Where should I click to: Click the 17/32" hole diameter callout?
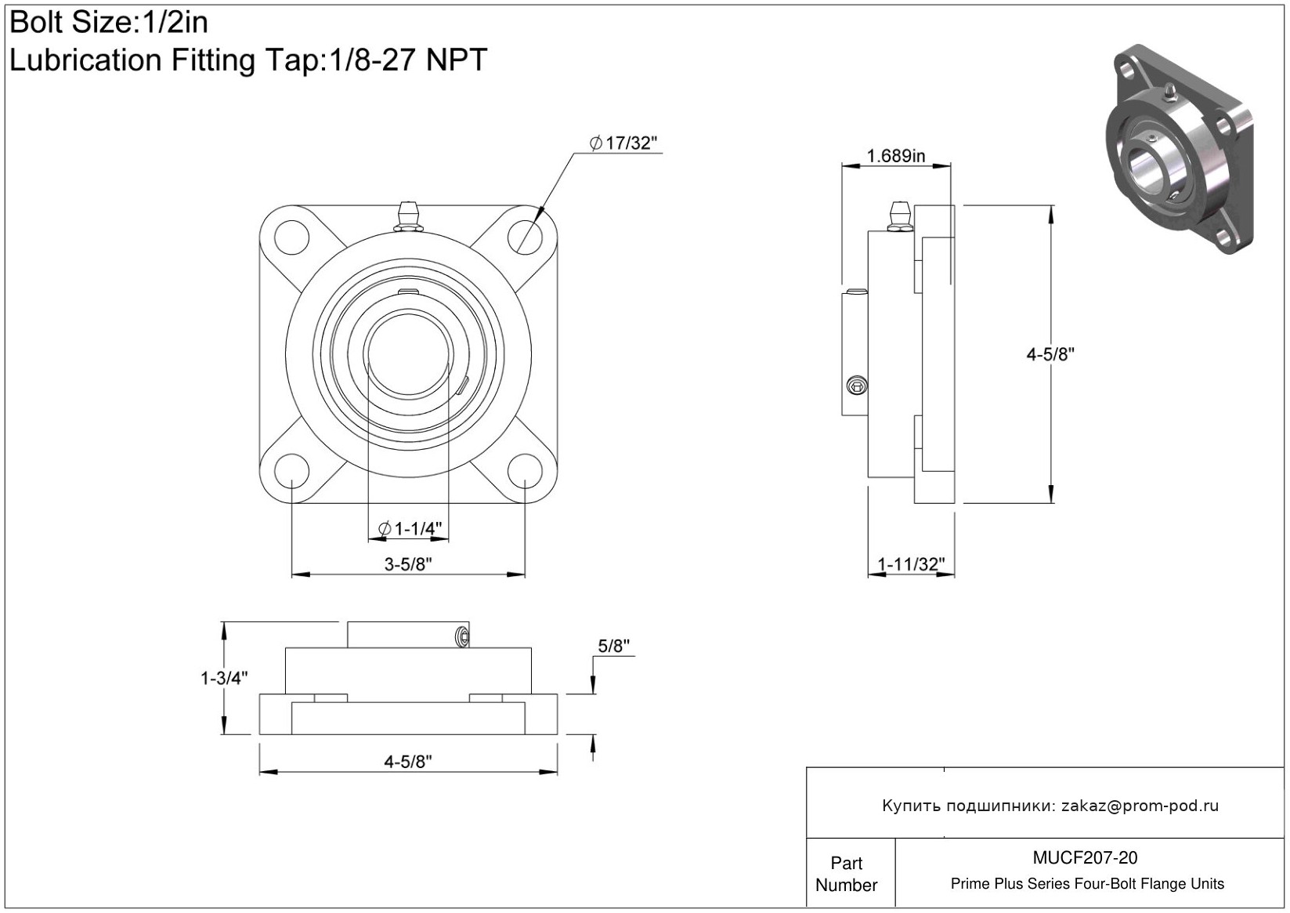[623, 143]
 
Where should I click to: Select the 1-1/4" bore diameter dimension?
[410, 528]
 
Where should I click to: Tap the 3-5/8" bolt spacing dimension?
[408, 563]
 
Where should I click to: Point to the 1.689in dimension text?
[895, 156]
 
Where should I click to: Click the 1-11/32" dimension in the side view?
[911, 563]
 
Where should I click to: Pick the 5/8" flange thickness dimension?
[614, 646]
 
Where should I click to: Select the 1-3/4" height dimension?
[224, 679]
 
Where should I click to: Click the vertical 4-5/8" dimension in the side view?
[1050, 354]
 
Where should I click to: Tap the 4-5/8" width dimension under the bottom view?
[408, 762]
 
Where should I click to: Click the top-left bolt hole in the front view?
[291, 237]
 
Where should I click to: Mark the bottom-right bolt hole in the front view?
[525, 471]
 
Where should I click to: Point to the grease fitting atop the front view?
[408, 217]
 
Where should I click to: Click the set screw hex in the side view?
[858, 386]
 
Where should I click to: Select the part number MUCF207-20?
[1085, 857]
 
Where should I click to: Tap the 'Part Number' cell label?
[846, 874]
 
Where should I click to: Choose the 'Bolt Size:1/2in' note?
[109, 23]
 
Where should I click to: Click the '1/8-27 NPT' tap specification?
[408, 60]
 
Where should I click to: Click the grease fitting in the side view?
[900, 217]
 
